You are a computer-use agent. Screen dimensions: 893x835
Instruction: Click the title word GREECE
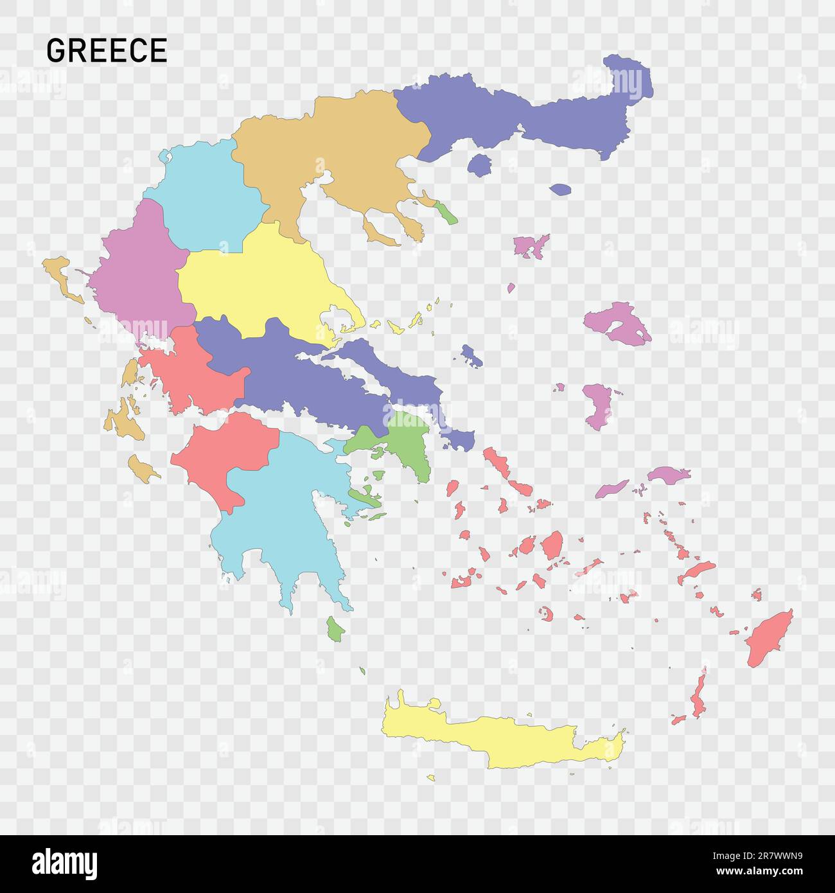click(x=107, y=51)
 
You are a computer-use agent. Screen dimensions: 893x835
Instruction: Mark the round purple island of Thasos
click(x=479, y=165)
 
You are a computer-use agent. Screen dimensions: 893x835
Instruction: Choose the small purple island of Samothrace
click(x=560, y=190)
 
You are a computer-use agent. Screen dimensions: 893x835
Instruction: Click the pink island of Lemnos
click(x=531, y=245)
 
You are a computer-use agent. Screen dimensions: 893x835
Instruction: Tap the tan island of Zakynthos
click(x=143, y=468)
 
